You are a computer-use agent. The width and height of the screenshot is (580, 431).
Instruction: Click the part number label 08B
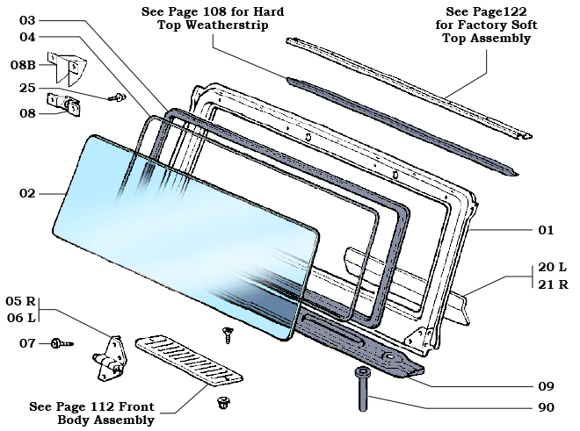(x=23, y=65)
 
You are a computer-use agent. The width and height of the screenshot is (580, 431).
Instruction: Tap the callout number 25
(x=26, y=88)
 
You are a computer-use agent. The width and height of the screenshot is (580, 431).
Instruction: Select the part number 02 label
(x=27, y=193)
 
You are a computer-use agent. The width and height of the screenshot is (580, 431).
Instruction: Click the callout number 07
(x=26, y=342)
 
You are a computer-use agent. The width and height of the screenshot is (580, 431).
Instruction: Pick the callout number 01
(x=546, y=230)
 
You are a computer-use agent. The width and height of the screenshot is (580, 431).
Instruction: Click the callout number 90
(x=546, y=407)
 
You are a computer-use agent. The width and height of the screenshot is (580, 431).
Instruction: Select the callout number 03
(x=27, y=19)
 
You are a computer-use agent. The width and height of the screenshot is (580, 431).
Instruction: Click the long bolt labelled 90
(x=361, y=390)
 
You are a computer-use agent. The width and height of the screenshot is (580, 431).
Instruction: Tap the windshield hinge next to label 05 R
(x=111, y=356)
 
